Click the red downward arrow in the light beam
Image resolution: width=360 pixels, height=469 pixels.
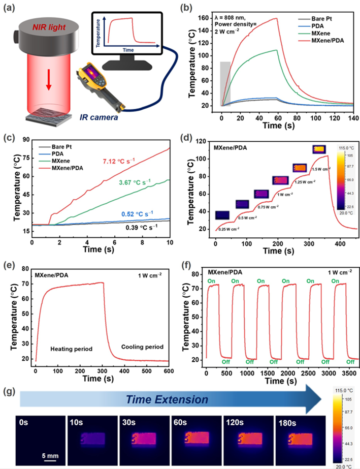pos(49,80)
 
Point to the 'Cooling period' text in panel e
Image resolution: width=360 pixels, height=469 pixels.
pos(142,347)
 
